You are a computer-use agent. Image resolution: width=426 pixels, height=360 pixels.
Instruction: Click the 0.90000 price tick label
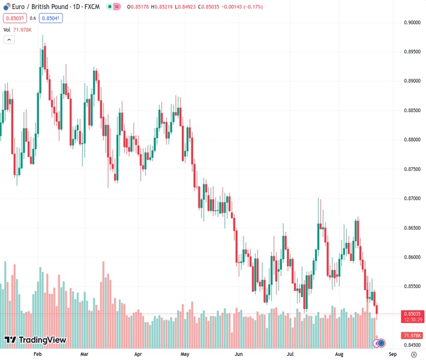412,22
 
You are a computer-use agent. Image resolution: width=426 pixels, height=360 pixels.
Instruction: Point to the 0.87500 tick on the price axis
412,169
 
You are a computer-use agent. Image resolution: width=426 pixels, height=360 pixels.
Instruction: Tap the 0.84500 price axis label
412,345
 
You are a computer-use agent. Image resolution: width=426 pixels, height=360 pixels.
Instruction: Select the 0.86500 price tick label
412,228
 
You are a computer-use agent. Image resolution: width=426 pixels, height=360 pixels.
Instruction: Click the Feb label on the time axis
37,355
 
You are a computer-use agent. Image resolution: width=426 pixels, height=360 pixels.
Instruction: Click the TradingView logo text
35,340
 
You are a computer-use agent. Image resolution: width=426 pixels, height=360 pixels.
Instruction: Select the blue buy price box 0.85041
52,18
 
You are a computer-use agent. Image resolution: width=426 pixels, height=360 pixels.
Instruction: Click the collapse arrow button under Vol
9,40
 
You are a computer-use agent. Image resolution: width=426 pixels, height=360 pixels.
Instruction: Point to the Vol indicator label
7,29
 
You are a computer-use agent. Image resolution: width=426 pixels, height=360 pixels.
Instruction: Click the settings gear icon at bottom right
414,355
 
